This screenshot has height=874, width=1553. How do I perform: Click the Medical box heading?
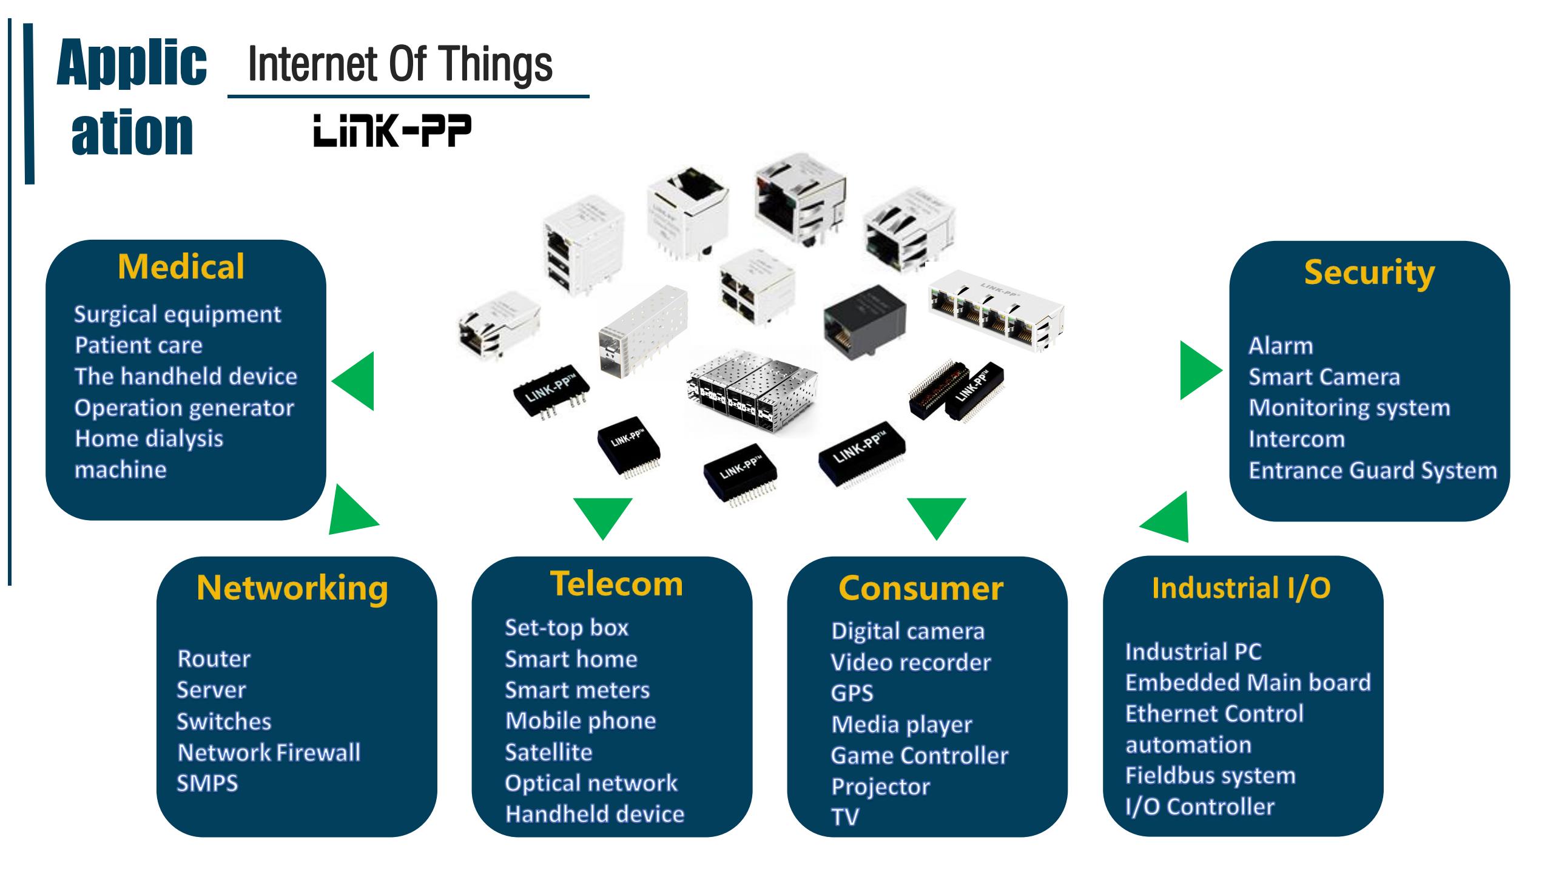pyautogui.click(x=181, y=267)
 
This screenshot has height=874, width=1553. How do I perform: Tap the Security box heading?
pyautogui.click(x=1369, y=273)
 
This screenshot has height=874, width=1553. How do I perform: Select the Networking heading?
pyautogui.click(x=292, y=588)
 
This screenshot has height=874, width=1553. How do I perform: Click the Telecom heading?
pyautogui.click(x=616, y=584)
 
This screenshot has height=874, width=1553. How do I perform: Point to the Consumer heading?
pyautogui.click(x=920, y=588)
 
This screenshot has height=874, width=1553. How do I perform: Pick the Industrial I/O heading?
pyautogui.click(x=1241, y=588)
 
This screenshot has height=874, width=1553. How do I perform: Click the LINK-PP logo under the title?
pyautogui.click(x=392, y=132)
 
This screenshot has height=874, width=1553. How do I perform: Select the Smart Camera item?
pyautogui.click(x=1324, y=377)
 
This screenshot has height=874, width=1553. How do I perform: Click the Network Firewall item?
pyautogui.click(x=269, y=753)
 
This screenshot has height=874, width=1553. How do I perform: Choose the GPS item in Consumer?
pyautogui.click(x=852, y=693)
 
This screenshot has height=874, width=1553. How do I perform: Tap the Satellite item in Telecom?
pyautogui.click(x=548, y=752)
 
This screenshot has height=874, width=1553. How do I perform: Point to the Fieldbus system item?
pyautogui.click(x=1210, y=776)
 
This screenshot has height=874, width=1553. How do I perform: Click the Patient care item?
pyautogui.click(x=138, y=345)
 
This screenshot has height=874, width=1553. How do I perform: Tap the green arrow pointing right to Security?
pyautogui.click(x=1198, y=370)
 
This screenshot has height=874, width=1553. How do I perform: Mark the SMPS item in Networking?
pyautogui.click(x=207, y=784)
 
